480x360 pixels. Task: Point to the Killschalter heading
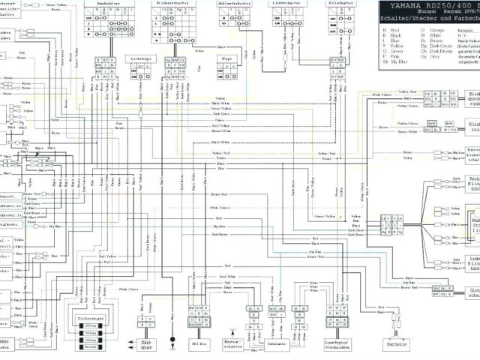pos(340,4)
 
